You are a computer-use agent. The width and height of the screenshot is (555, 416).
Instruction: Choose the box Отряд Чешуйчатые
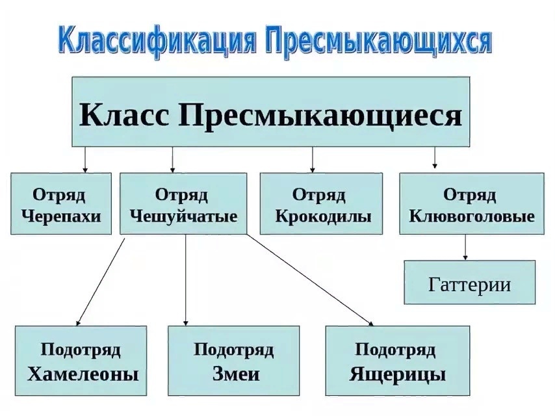coord(183,203)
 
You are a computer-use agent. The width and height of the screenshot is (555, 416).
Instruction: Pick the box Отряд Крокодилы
coord(321,203)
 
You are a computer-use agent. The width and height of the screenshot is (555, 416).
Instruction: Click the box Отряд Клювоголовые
coord(471,203)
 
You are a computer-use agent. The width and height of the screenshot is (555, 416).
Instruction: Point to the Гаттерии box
coord(469,283)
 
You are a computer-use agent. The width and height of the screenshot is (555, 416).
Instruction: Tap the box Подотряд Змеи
coord(233,361)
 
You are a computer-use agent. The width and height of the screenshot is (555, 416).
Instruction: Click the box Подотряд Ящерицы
coord(396,361)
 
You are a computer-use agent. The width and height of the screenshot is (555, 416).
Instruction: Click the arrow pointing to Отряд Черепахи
coord(85,159)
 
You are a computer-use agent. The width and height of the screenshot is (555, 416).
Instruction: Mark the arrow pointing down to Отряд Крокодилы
coord(313,159)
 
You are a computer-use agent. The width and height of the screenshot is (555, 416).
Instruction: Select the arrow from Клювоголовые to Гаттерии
coord(465,247)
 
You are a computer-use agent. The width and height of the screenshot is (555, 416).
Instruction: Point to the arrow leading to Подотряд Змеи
coord(186,279)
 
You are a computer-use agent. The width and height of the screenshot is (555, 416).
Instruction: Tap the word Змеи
coord(235,374)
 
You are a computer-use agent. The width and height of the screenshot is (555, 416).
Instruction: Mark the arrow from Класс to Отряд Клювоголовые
coord(435,157)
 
